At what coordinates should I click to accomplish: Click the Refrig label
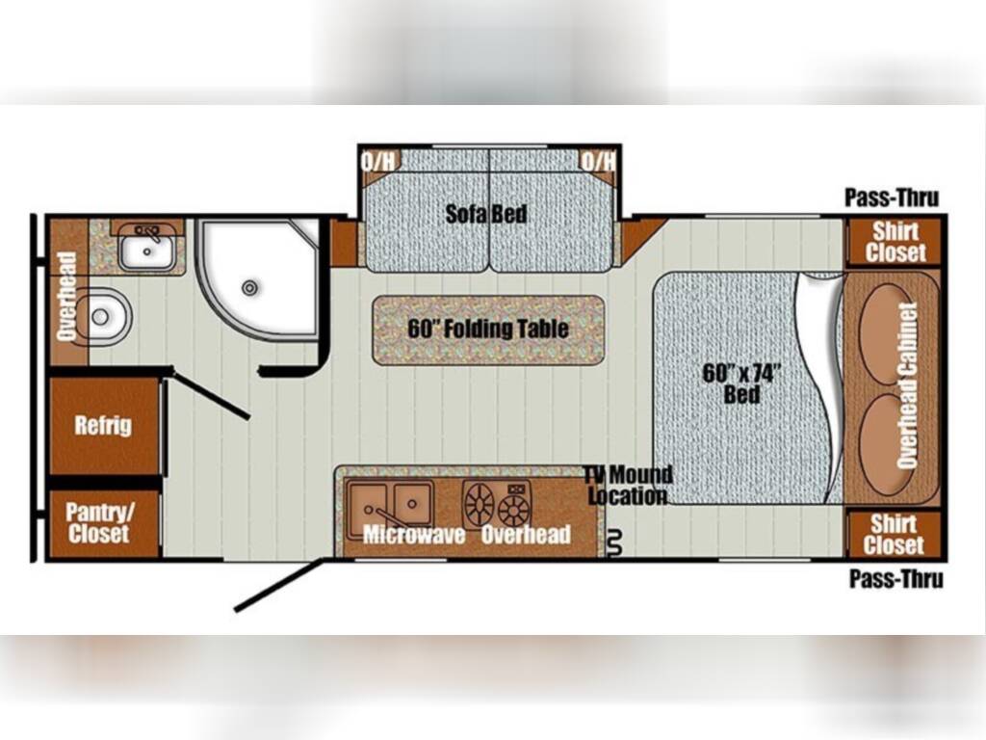click(x=103, y=425)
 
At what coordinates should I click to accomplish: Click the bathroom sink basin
click(x=146, y=253)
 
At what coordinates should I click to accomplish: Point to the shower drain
click(x=250, y=287)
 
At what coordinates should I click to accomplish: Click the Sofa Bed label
click(x=486, y=214)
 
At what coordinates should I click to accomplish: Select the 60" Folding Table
click(x=488, y=329)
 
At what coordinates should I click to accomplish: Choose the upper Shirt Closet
click(x=895, y=242)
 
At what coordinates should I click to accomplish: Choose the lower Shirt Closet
click(x=894, y=534)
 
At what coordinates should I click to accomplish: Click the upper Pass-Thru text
click(x=892, y=198)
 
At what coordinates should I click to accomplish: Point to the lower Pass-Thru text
click(x=895, y=579)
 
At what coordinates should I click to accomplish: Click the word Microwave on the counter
click(x=414, y=535)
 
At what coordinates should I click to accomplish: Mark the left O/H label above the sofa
click(x=376, y=160)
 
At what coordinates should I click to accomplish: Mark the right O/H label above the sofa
click(x=598, y=160)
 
